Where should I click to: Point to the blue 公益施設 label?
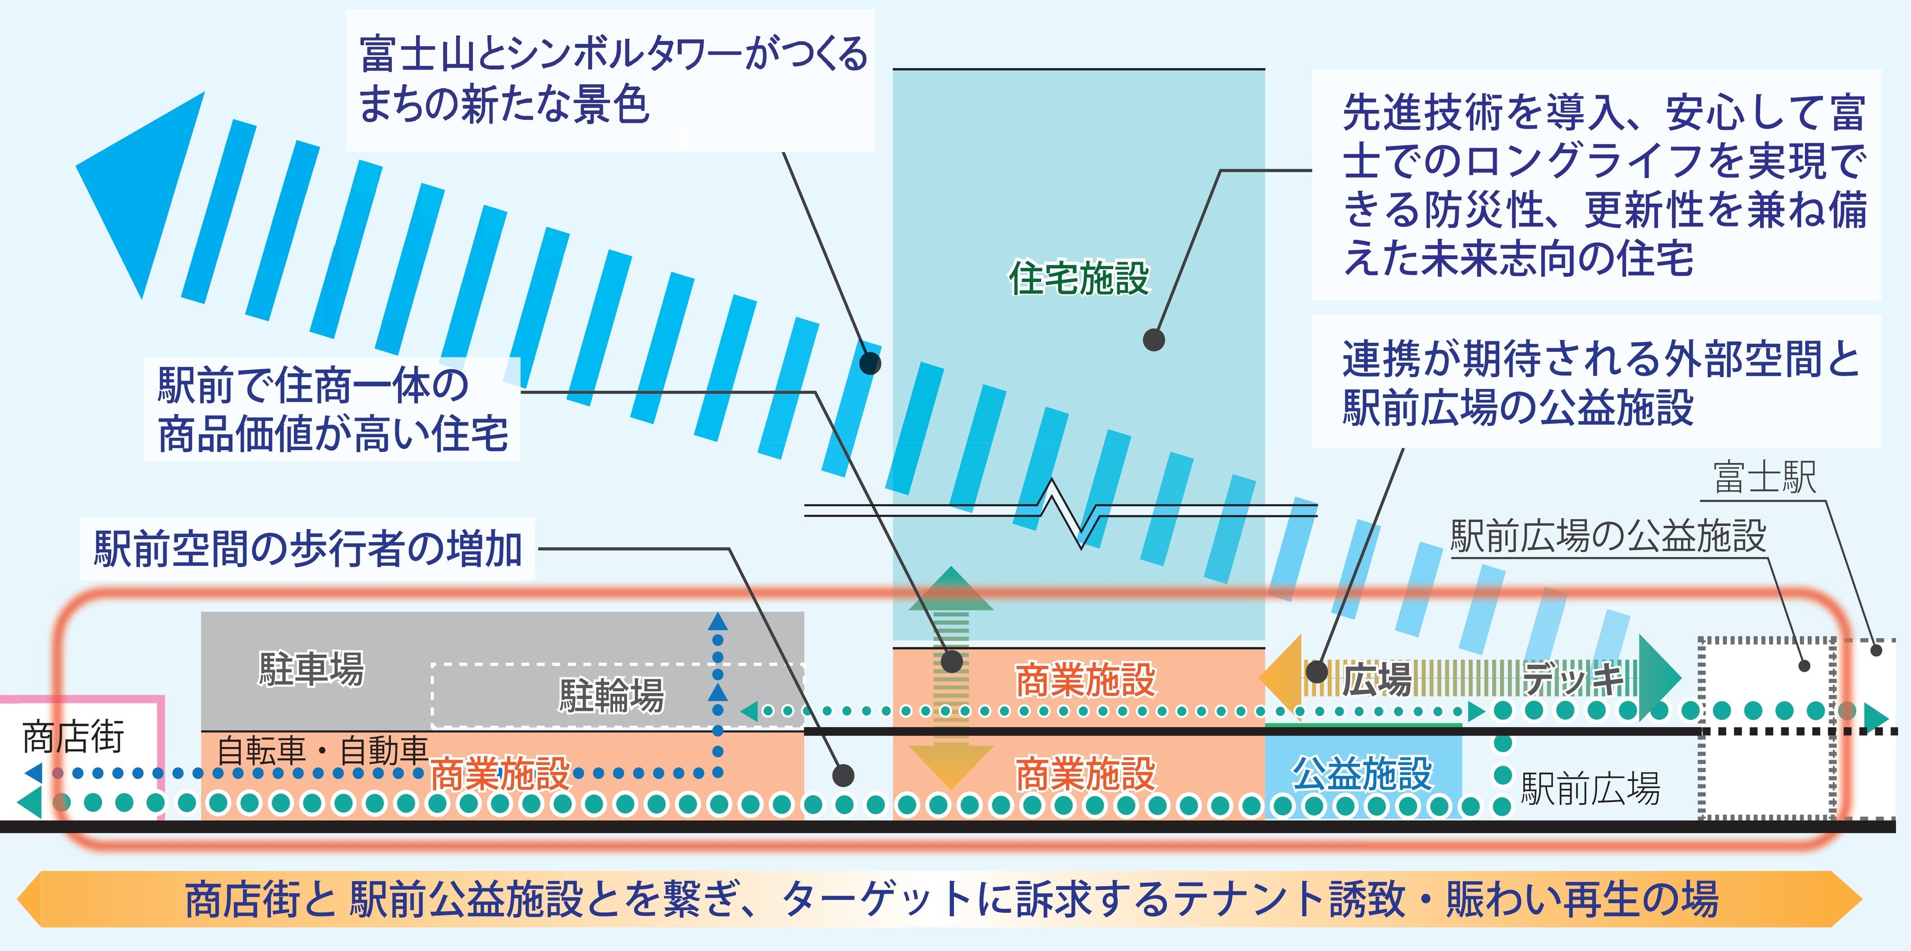point(1362,773)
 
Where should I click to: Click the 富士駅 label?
point(1764,477)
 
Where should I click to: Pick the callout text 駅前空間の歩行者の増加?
point(308,549)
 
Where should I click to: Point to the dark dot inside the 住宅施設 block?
point(1153,340)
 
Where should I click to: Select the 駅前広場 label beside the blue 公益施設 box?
point(1590,788)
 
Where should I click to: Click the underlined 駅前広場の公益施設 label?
point(1608,536)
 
